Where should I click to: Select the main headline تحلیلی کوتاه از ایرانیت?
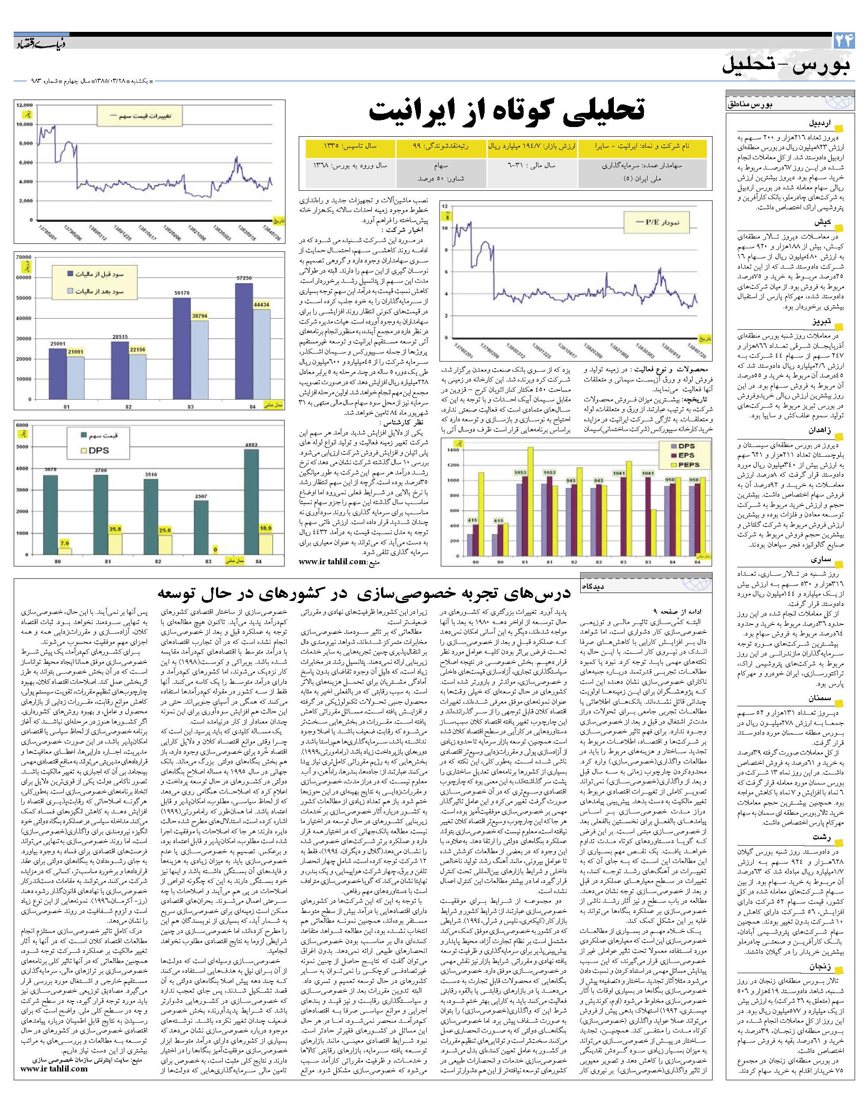(507, 111)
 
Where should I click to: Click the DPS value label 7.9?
(65, 543)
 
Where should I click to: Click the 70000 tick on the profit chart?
(23, 258)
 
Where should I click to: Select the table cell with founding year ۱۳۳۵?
(350, 146)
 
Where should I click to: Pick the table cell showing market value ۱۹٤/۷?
(533, 146)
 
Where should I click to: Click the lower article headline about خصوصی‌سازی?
(364, 594)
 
